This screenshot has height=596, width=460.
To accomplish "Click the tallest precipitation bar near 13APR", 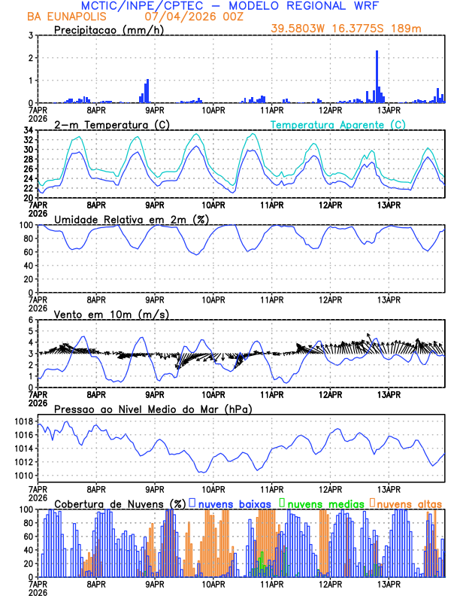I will (x=377, y=77).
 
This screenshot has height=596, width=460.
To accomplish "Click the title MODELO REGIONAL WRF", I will (x=314, y=6).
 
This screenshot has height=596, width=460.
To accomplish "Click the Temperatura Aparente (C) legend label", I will (x=337, y=124).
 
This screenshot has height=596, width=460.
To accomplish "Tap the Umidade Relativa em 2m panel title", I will (x=131, y=219).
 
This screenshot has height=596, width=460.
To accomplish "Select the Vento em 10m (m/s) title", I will (x=111, y=314).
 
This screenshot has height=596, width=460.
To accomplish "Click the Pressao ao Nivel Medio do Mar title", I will (x=153, y=409).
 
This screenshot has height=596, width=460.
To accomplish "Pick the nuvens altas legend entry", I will (x=408, y=503).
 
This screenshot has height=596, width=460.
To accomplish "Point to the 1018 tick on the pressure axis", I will (x=23, y=421).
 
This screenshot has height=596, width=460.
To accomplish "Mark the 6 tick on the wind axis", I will (x=30, y=320).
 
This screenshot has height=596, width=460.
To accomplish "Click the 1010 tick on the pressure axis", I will (x=23, y=476).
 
